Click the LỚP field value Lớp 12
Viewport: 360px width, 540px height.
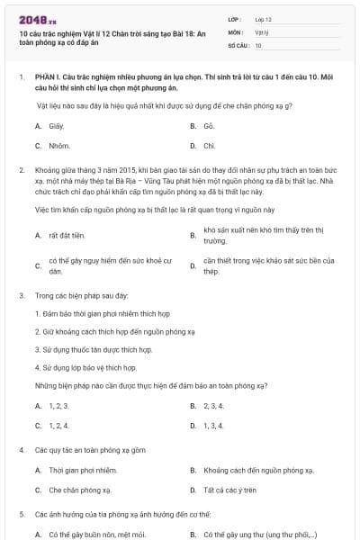(263, 19)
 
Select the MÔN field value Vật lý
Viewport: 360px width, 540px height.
(262, 31)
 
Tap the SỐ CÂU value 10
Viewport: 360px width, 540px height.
(258, 45)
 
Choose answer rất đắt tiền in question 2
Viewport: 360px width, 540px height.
(66, 236)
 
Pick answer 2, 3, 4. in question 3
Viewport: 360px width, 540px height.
(213, 406)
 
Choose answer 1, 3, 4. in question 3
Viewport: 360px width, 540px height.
(213, 425)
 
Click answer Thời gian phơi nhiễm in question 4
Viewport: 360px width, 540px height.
(83, 471)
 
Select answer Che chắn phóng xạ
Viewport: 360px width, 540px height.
(80, 490)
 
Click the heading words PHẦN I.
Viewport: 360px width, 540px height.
(46, 79)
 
